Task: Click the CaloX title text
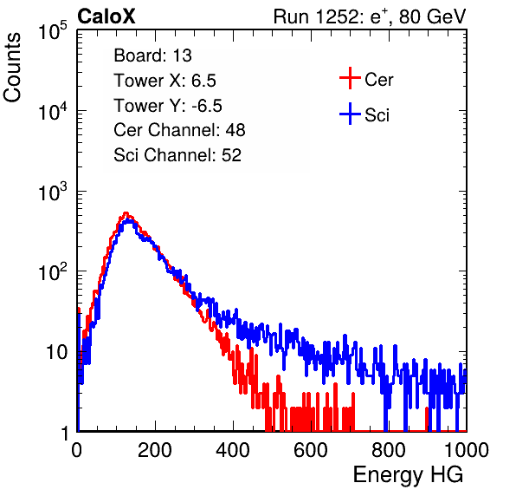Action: point(106,16)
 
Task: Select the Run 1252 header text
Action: point(370,16)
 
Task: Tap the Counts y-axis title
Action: point(12,68)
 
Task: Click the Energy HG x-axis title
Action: point(408,475)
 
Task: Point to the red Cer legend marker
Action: point(350,78)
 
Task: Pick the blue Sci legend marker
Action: point(350,114)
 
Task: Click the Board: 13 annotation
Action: point(152,55)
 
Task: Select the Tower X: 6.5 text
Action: point(164,81)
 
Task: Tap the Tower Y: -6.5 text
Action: point(168,106)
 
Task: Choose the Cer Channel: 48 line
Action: point(179,130)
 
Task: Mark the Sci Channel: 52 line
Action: point(177,155)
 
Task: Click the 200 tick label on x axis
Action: point(155,450)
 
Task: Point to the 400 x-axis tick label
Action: point(233,450)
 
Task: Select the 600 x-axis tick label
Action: point(311,450)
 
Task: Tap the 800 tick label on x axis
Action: point(389,450)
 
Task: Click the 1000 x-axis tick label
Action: point(467,450)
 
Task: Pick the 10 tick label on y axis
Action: point(57,352)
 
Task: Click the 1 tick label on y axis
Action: point(64,433)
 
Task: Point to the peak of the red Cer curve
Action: point(126,213)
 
